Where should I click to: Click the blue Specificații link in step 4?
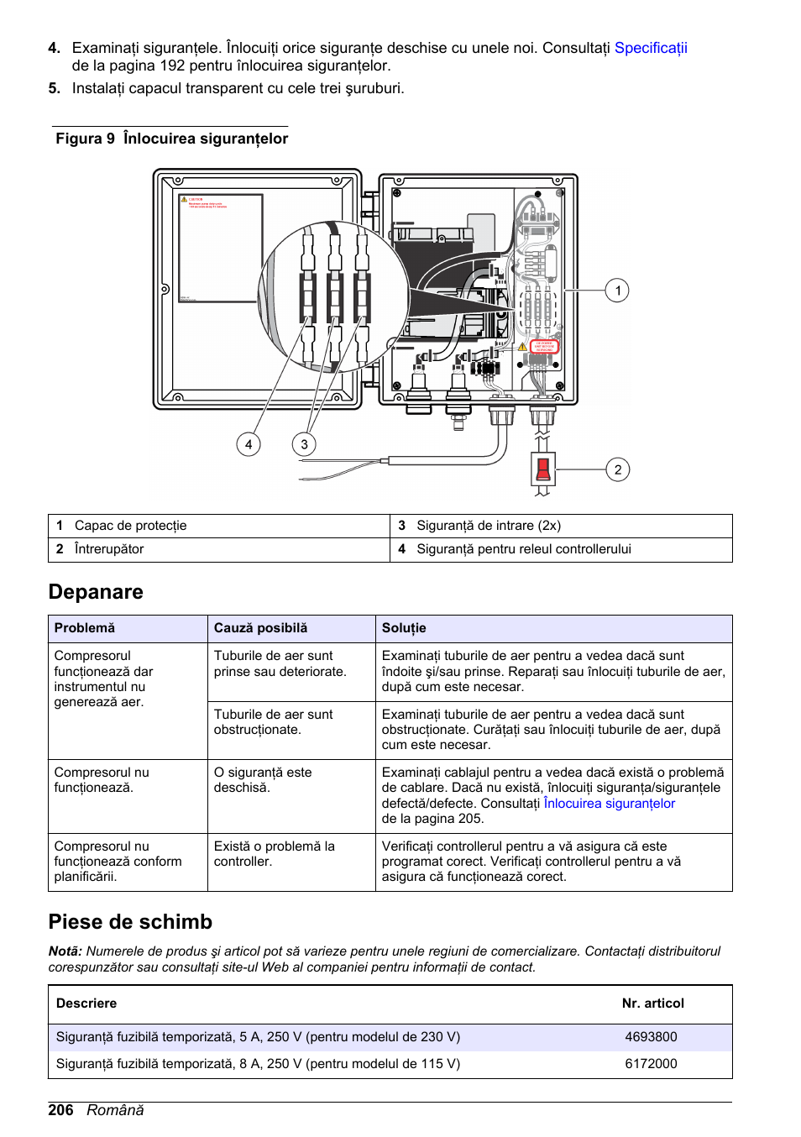[650, 48]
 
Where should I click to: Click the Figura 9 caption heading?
[171, 139]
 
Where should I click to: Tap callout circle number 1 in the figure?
[617, 291]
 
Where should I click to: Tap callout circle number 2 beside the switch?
[617, 469]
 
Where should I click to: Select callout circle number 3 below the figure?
[304, 444]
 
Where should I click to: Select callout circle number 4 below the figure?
[248, 444]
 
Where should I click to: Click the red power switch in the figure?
[543, 469]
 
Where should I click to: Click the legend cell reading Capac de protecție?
[130, 526]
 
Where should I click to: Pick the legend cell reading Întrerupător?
[109, 549]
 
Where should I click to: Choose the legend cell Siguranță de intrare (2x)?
[488, 526]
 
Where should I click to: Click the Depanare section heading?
[96, 592]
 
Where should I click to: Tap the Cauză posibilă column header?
[260, 628]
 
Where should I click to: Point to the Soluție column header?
[404, 628]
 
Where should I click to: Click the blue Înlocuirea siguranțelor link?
[609, 804]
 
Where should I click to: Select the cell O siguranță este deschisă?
[262, 779]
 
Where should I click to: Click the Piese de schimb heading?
[130, 922]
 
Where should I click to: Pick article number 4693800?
[651, 1037]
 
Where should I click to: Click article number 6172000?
[651, 1064]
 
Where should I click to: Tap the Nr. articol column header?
[652, 1003]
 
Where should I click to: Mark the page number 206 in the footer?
[60, 1110]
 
